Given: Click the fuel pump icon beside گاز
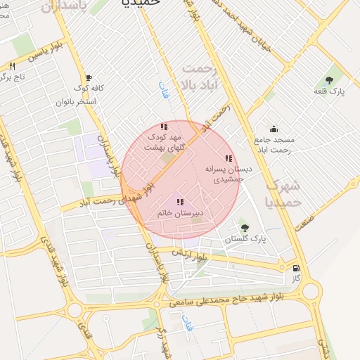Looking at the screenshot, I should click(296, 267).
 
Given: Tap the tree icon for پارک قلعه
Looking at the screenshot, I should click(329, 81).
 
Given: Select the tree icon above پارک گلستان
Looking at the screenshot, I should click(245, 227).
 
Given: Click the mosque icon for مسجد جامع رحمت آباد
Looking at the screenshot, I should click(274, 129).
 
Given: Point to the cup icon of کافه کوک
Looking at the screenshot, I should click(88, 77).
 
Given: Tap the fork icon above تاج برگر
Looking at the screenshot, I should click(12, 66).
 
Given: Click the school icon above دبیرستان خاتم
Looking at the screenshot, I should click(180, 202).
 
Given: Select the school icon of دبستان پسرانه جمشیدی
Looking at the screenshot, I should click(227, 159).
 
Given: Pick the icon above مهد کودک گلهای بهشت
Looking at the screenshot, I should click(164, 127).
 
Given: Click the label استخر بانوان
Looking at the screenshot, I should click(76, 101).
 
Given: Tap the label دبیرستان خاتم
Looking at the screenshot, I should click(179, 212).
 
